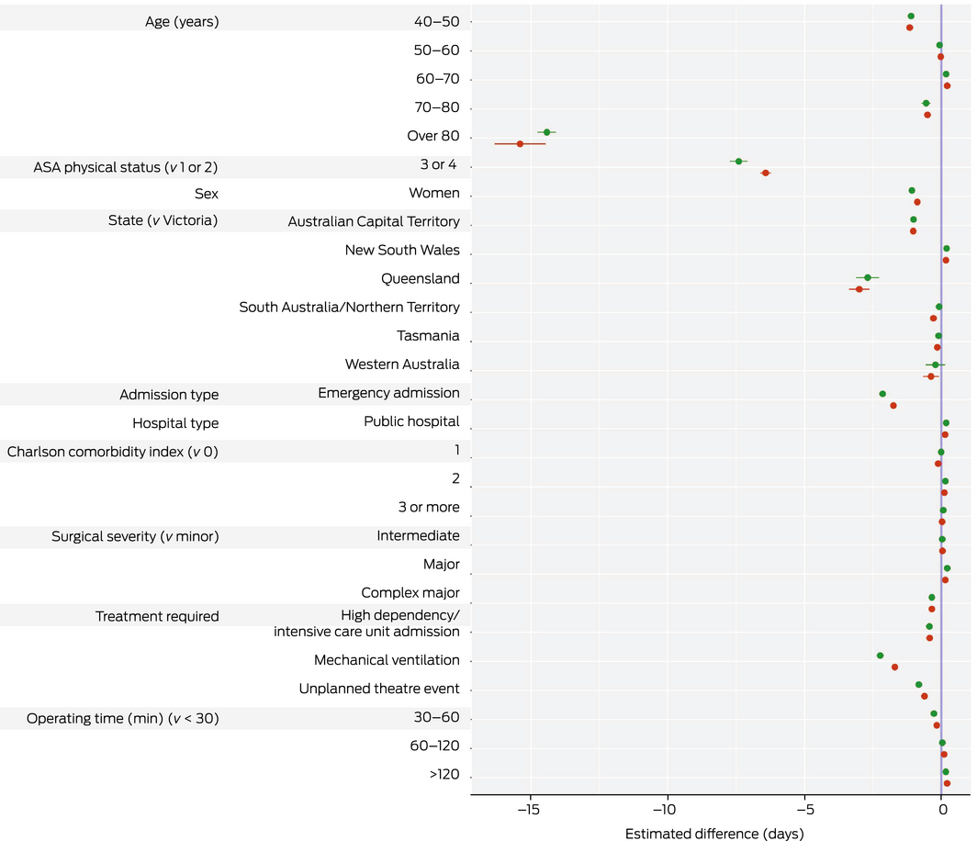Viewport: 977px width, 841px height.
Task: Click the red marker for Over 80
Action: pyautogui.click(x=520, y=144)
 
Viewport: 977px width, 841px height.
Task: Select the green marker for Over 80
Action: pyautogui.click(x=546, y=132)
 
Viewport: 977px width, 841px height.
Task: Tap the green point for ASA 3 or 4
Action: pyautogui.click(x=738, y=162)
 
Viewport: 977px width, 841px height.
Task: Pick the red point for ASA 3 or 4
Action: pyautogui.click(x=765, y=173)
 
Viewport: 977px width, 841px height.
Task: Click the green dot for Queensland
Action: pyautogui.click(x=867, y=277)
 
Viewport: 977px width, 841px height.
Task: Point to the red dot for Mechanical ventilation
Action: pyautogui.click(x=894, y=667)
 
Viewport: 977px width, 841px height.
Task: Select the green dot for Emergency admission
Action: pyautogui.click(x=882, y=394)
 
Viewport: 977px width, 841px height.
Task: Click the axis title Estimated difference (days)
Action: pyautogui.click(x=714, y=834)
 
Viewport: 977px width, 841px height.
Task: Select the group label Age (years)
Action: pyautogui.click(x=182, y=21)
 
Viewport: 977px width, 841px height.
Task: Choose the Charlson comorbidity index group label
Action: pyautogui.click(x=113, y=452)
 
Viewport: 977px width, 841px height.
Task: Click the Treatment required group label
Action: pyautogui.click(x=157, y=617)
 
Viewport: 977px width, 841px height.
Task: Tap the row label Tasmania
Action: pyautogui.click(x=428, y=336)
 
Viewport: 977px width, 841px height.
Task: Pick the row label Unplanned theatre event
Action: pyautogui.click(x=379, y=690)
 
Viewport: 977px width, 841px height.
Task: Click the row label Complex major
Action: pyautogui.click(x=410, y=593)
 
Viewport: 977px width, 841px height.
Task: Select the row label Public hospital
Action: pyautogui.click(x=411, y=422)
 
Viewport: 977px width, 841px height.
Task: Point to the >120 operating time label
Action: pyautogui.click(x=444, y=775)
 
